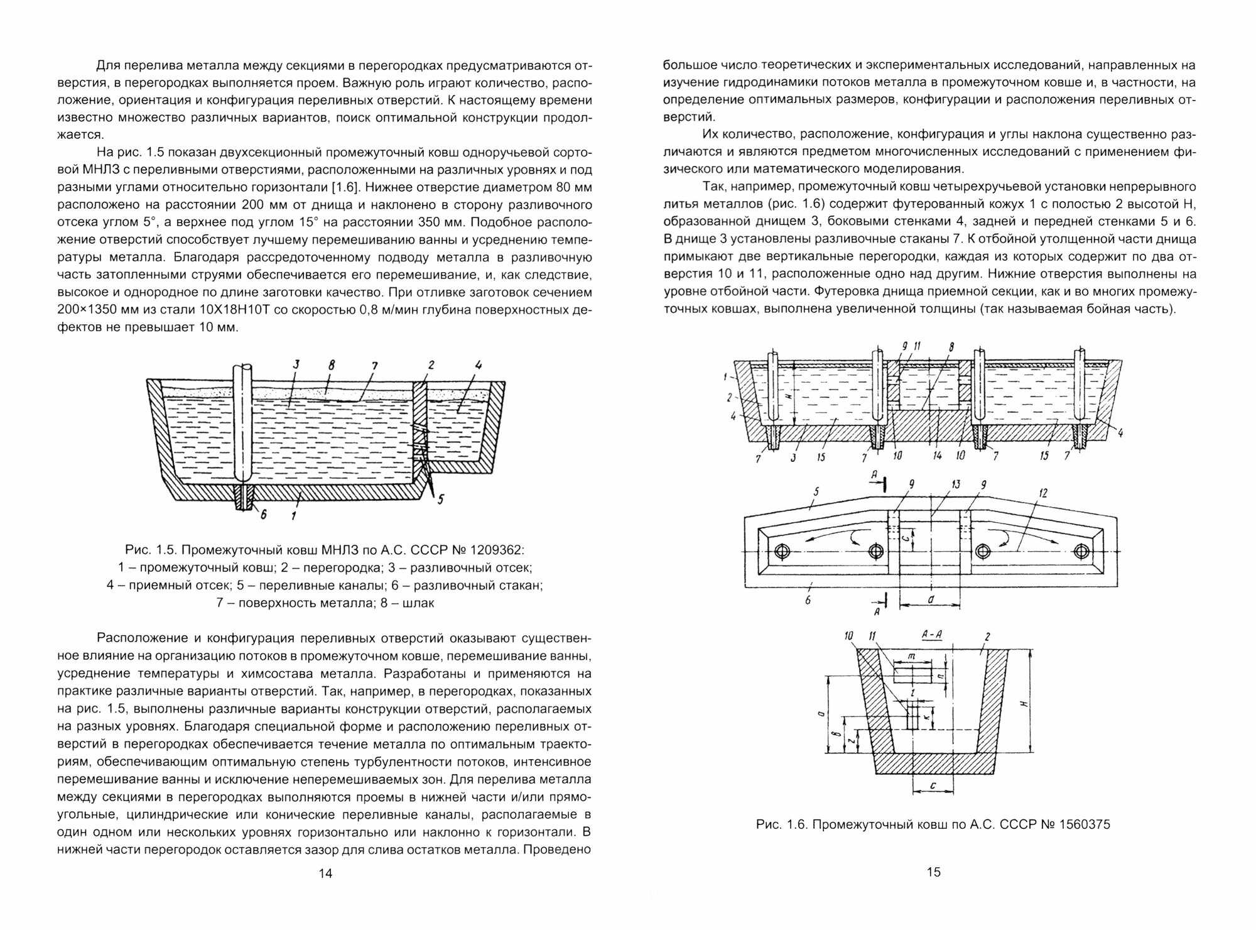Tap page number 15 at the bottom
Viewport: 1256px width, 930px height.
tap(933, 872)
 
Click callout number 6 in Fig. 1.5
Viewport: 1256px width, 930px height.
tap(263, 513)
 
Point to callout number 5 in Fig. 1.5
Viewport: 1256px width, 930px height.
tap(440, 499)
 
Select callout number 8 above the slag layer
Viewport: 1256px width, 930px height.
tap(332, 364)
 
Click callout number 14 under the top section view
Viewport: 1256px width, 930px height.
tap(938, 456)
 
